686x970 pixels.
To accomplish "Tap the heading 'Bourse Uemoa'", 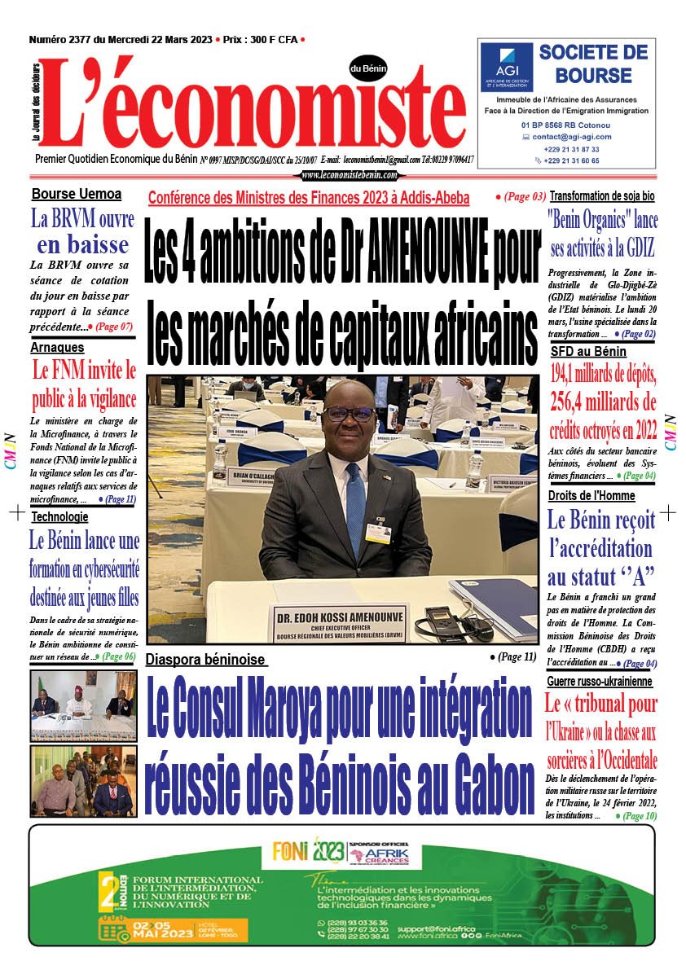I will (x=77, y=195).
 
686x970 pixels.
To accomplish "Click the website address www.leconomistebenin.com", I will (x=349, y=175).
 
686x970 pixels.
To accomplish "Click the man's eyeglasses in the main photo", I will (x=348, y=414).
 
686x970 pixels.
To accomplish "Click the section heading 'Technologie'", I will (x=60, y=516).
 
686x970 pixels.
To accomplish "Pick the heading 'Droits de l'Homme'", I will (x=591, y=496).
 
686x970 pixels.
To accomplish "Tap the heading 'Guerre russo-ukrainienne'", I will (x=600, y=681).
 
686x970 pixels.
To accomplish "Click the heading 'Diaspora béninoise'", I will (x=205, y=660).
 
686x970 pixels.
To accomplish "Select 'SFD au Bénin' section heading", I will (x=588, y=352).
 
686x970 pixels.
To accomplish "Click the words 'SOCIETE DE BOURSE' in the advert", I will (x=593, y=64).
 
